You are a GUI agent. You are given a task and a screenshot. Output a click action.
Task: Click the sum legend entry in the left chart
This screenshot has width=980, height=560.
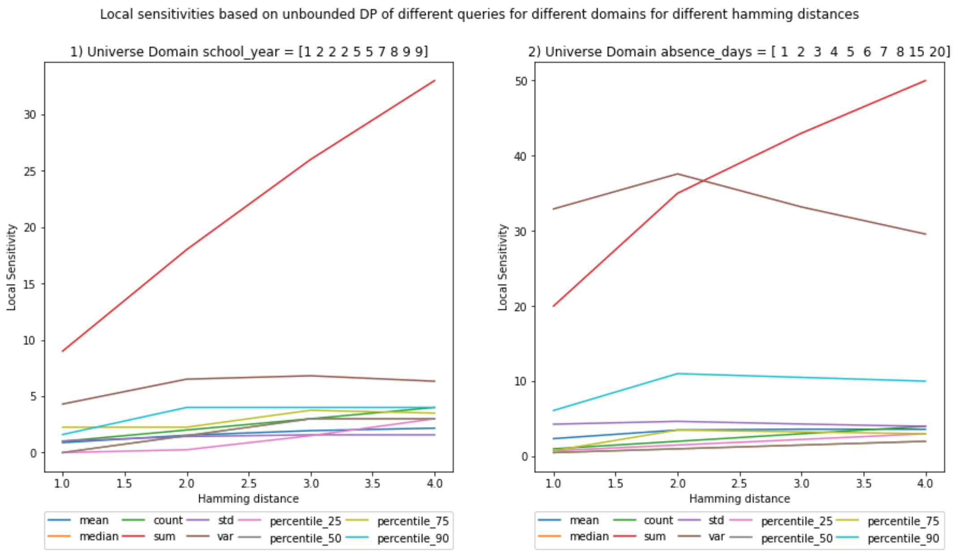[x=164, y=536]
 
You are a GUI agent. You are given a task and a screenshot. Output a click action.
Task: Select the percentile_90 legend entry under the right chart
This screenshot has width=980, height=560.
[x=903, y=538]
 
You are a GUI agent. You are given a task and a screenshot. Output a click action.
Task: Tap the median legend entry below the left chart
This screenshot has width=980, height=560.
[x=99, y=536]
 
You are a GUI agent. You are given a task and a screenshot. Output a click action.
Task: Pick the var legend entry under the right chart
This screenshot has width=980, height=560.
[x=716, y=536]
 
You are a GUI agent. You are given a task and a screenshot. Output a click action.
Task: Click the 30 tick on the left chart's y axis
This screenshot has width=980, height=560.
[x=30, y=115]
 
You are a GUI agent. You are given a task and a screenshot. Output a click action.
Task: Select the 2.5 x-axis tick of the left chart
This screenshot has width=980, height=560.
[x=249, y=484]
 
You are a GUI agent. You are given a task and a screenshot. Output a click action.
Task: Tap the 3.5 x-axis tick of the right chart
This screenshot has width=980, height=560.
[x=864, y=484]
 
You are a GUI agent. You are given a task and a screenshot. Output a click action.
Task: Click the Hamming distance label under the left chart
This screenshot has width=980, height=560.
[x=248, y=499]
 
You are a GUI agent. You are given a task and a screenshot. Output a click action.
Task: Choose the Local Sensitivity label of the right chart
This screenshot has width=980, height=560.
[x=503, y=267]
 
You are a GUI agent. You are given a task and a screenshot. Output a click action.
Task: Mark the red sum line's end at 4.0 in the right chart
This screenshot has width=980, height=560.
[x=925, y=81]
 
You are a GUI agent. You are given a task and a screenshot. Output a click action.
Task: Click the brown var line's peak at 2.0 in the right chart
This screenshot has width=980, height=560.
[x=677, y=174]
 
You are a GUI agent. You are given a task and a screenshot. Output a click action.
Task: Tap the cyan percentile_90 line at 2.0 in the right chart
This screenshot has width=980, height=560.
[x=677, y=374]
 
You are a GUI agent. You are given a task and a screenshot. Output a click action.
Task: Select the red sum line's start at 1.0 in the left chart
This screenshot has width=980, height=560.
[x=63, y=351]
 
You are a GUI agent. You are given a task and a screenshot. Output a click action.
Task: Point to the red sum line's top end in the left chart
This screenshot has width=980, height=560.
[x=434, y=81]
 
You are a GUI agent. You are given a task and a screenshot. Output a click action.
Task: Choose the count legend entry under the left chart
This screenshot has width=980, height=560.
[x=168, y=520]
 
